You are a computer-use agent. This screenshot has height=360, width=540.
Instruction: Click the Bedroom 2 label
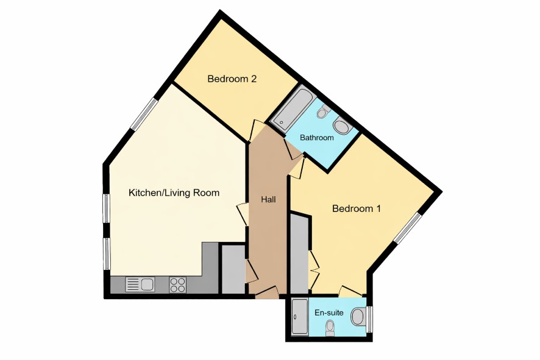pos(232,79)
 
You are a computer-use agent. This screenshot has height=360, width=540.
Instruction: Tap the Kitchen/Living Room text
pos(174,192)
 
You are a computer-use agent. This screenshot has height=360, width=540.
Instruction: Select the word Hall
pos(268,199)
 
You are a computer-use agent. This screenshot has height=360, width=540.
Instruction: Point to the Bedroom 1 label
pos(357,208)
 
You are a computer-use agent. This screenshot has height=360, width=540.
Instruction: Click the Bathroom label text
pos(317,138)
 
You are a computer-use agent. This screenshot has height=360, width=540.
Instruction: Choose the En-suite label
pos(329,312)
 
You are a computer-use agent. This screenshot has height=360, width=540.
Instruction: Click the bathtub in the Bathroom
pos(293,109)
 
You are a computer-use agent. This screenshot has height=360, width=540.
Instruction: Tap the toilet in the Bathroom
pos(324,111)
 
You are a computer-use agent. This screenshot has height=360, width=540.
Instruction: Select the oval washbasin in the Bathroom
pos(342,126)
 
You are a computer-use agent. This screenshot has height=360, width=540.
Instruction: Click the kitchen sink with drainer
pos(140,284)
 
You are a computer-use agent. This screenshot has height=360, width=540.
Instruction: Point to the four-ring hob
pos(178,285)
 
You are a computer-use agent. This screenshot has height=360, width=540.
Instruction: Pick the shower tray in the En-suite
pos(300,317)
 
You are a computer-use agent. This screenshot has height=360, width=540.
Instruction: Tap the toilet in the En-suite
pos(330,327)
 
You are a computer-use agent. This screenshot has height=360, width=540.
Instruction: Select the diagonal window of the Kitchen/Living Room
pos(144,114)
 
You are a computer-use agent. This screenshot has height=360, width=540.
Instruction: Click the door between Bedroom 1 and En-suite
pos(350,291)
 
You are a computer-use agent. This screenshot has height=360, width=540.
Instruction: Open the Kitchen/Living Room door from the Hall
pos(243,215)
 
